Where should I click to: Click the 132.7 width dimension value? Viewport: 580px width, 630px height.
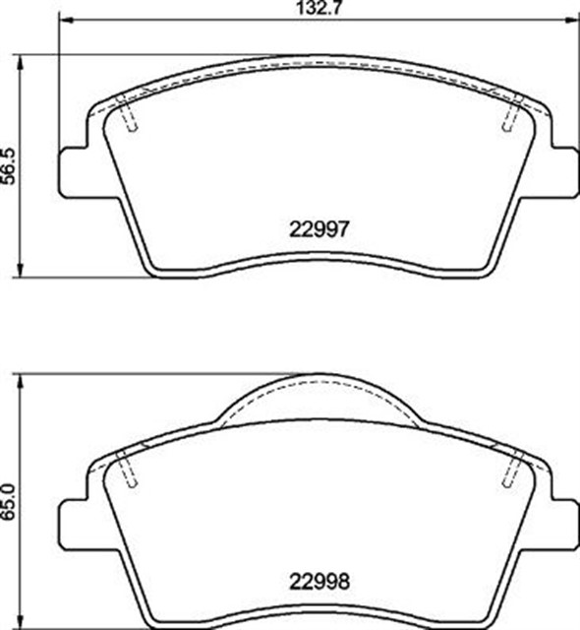[x=319, y=8]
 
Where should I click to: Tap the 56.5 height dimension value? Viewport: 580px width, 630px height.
[x=8, y=166]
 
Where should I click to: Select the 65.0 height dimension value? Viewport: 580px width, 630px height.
[x=8, y=502]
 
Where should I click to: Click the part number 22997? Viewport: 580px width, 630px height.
[x=319, y=229]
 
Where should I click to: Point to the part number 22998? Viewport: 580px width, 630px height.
[x=319, y=582]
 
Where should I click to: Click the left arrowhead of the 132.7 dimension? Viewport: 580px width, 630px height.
[x=67, y=20]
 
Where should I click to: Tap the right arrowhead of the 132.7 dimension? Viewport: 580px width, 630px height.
[x=571, y=20]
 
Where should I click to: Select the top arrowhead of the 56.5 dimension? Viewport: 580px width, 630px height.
[x=20, y=63]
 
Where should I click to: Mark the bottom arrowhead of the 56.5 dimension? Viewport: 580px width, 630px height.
[x=20, y=270]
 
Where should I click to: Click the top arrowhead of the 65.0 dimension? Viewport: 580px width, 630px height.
[x=20, y=382]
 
